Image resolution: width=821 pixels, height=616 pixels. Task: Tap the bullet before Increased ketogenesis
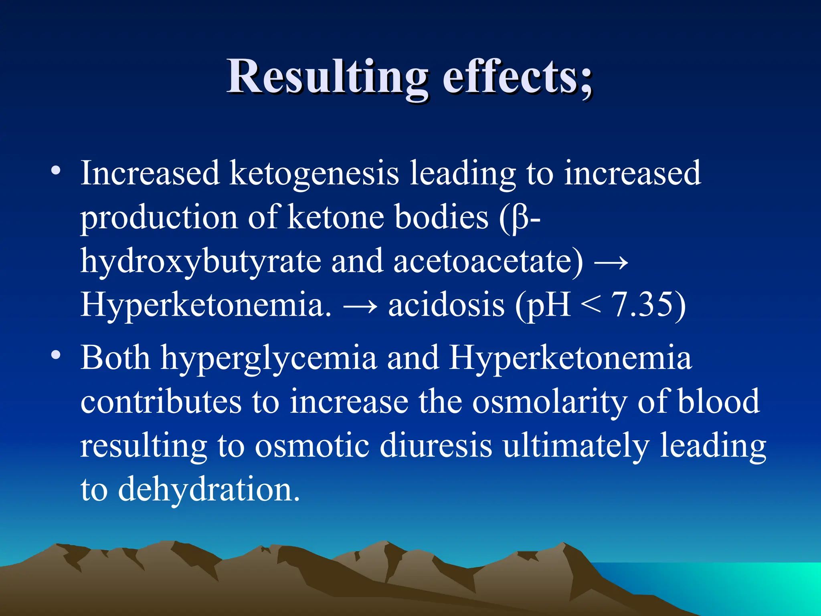[x=56, y=170]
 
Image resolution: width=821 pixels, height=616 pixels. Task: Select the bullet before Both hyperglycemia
[x=56, y=355]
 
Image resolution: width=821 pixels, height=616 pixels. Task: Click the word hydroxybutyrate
[x=200, y=261]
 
